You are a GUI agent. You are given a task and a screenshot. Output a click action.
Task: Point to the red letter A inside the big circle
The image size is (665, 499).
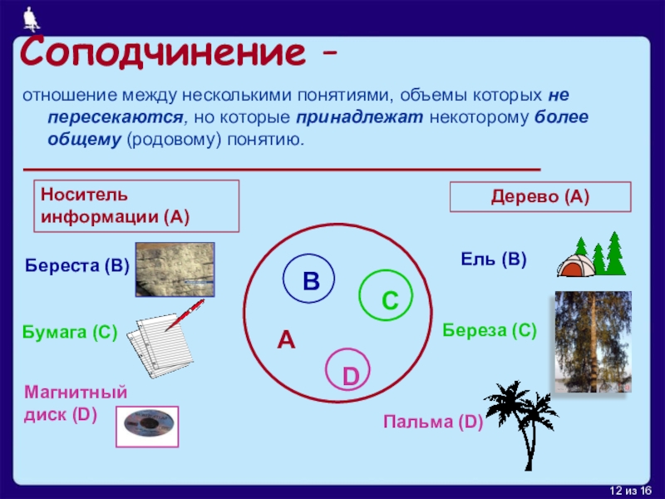(x=286, y=340)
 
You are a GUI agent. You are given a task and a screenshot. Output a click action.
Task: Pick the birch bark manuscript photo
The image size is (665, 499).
(x=175, y=269)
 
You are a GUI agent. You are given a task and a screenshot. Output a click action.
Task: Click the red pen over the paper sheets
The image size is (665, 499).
(x=185, y=315)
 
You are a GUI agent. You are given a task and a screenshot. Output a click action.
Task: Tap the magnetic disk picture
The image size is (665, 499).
(x=147, y=427)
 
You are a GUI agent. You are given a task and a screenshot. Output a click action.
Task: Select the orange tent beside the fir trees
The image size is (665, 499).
(x=576, y=266)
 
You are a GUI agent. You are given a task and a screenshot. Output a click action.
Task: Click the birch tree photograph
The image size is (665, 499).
(x=594, y=342)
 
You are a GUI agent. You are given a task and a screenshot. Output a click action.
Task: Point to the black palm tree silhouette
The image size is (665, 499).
(x=523, y=424)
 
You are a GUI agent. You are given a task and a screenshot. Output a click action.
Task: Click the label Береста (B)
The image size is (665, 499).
(x=76, y=265)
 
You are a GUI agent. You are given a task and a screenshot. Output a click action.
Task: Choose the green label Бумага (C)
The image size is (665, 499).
(x=70, y=332)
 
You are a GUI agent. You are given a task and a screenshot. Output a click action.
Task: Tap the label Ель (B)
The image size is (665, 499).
(x=494, y=259)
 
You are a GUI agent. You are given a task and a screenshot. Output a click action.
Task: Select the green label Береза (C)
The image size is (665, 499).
(x=490, y=330)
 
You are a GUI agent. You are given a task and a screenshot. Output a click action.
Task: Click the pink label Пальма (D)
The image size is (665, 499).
(x=433, y=422)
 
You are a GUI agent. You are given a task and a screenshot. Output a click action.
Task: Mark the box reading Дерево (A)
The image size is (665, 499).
(x=540, y=197)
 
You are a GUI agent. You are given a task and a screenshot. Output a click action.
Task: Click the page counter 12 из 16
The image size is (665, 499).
(x=631, y=491)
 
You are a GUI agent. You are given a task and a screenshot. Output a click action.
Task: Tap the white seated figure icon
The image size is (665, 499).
(x=30, y=19)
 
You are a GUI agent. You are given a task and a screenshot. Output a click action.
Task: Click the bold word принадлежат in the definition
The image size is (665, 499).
(x=360, y=117)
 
